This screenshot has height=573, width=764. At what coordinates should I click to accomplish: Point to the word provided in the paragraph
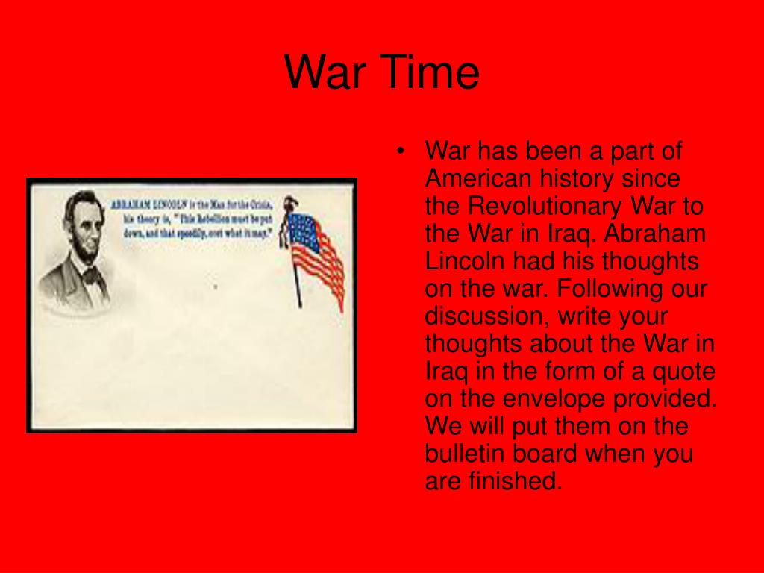coord(676,398)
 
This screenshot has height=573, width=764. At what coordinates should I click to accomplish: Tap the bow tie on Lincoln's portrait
coord(92,277)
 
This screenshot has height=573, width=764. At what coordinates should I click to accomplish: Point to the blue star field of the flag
coord(302,228)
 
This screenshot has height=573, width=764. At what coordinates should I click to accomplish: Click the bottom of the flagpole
coord(299,304)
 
